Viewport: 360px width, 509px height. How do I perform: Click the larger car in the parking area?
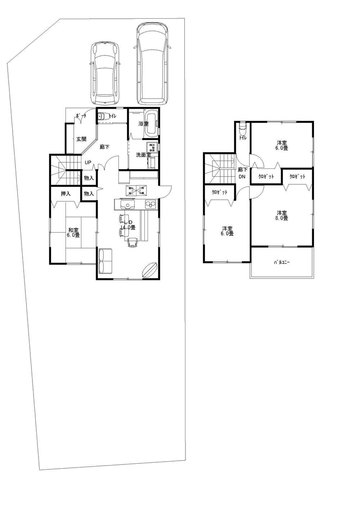pos(152,64)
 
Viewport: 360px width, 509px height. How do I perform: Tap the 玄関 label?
pos(81,139)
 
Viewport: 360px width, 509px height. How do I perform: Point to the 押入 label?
pos(66,194)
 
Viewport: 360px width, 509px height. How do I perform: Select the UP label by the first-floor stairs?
pos(87,162)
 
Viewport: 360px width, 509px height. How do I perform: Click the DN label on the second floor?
pos(242,176)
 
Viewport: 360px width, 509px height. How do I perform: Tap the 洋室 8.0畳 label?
pos(282,215)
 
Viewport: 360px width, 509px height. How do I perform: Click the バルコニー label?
pos(281,262)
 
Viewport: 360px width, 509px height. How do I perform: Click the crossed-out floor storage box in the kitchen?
pos(135,190)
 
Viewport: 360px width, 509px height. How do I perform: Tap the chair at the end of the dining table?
pos(132,243)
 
